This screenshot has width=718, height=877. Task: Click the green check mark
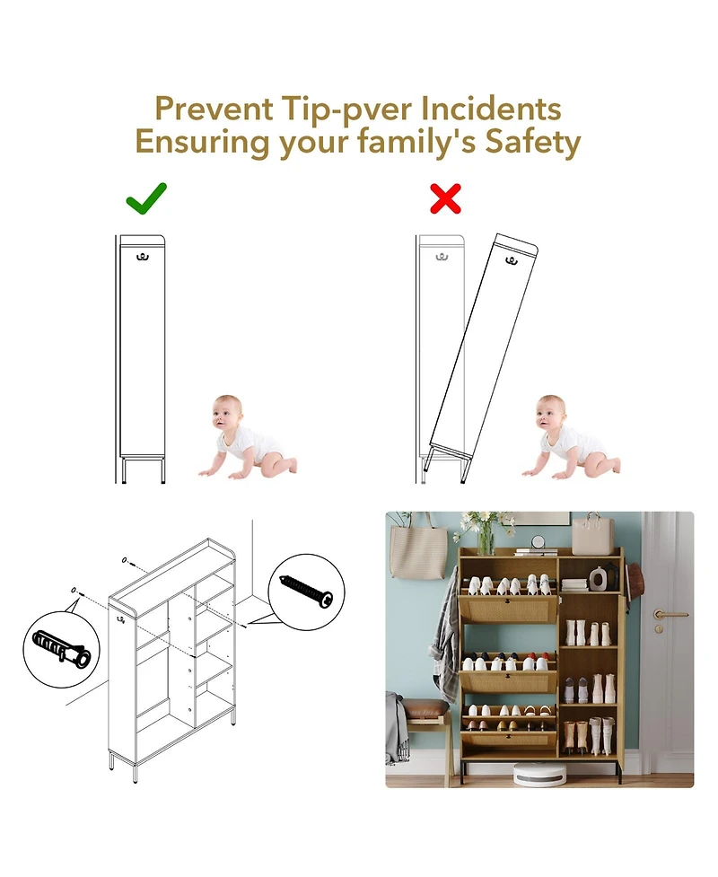pos(146,198)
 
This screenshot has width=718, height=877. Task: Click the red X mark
pos(446,198)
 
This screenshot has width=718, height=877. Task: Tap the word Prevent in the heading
pos(214,109)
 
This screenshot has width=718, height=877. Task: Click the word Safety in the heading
pos(533,144)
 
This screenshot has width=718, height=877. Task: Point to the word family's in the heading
pos(416,142)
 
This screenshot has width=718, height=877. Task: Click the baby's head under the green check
pos(227,413)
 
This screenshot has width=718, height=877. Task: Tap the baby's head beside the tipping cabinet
pos(550,413)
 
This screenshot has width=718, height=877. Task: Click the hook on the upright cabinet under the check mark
pos(142,258)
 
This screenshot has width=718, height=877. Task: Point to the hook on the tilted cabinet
pos(511,260)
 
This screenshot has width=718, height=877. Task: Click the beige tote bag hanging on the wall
pos(417,549)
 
